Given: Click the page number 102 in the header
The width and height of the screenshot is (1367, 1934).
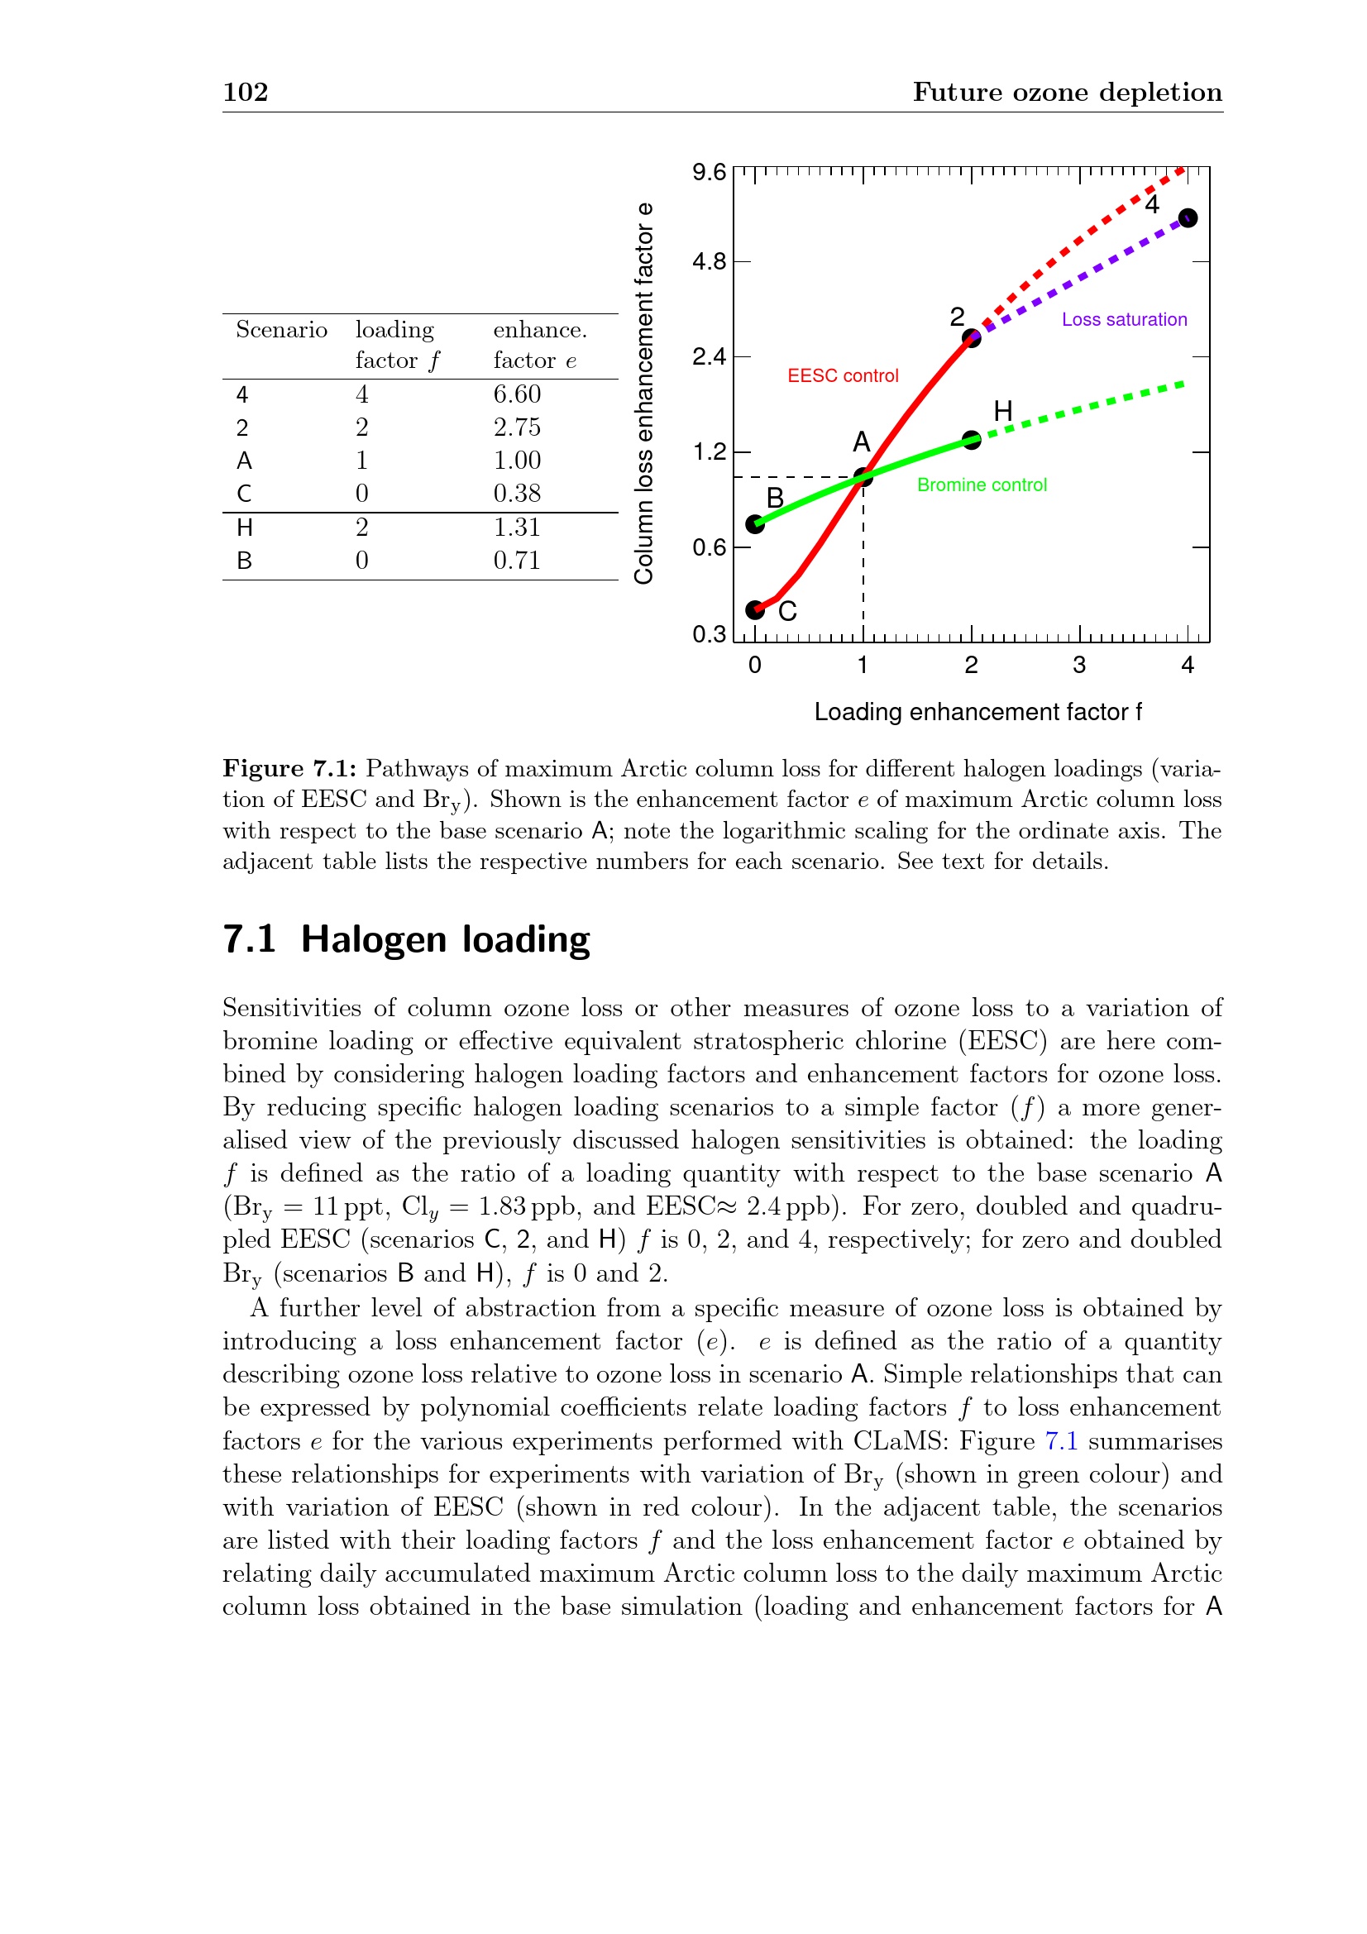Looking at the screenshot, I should coord(245,92).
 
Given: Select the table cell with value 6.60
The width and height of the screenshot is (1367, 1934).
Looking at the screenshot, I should coord(516,394).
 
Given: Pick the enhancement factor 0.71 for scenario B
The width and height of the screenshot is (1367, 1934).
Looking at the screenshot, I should coord(516,560).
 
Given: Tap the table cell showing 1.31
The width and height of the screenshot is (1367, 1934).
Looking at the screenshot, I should coord(516,528).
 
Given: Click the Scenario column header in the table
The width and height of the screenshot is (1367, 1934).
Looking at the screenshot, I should coord(281,329).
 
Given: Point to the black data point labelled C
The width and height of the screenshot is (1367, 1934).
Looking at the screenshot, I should coord(756,610).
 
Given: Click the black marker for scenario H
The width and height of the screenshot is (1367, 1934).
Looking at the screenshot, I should coord(972,440).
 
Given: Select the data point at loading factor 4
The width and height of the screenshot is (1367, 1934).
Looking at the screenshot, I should coord(1188,218).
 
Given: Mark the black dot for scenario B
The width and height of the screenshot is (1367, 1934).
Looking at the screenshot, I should coord(756,525).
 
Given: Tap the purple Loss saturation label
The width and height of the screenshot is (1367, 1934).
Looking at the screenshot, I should coord(1124,319).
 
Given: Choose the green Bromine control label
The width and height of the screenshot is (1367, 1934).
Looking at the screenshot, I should coord(982,485).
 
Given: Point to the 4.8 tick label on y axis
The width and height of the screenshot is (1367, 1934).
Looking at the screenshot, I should coord(709,262).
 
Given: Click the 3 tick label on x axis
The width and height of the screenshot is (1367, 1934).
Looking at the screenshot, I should coord(1079,666).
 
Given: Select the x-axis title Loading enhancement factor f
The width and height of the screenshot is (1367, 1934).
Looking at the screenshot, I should coord(977,713).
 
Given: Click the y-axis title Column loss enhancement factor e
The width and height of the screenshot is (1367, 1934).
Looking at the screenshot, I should coord(644,393).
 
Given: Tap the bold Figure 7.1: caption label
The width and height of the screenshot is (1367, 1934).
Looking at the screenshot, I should coord(289,768).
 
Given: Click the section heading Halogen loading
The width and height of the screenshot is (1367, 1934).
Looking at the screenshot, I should coord(445,939).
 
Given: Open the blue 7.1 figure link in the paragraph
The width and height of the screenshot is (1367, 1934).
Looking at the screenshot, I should coord(1061,1441).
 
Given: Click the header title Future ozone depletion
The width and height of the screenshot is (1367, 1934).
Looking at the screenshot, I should coord(1067,92).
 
